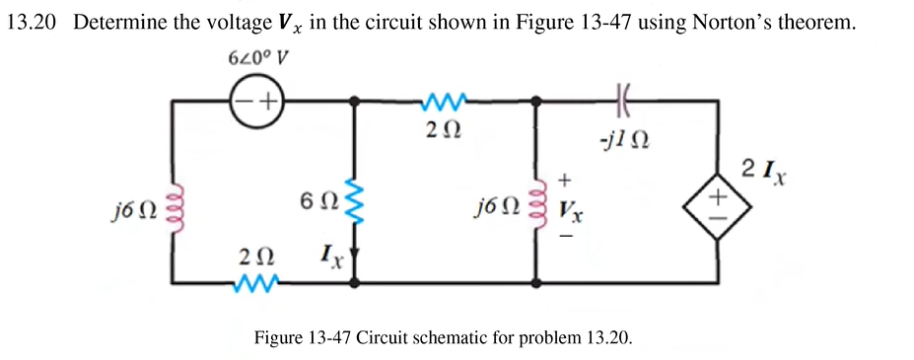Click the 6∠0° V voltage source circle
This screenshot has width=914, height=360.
click(x=256, y=101)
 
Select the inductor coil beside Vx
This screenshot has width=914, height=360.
click(x=537, y=208)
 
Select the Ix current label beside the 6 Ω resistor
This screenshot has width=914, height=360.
click(x=330, y=261)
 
